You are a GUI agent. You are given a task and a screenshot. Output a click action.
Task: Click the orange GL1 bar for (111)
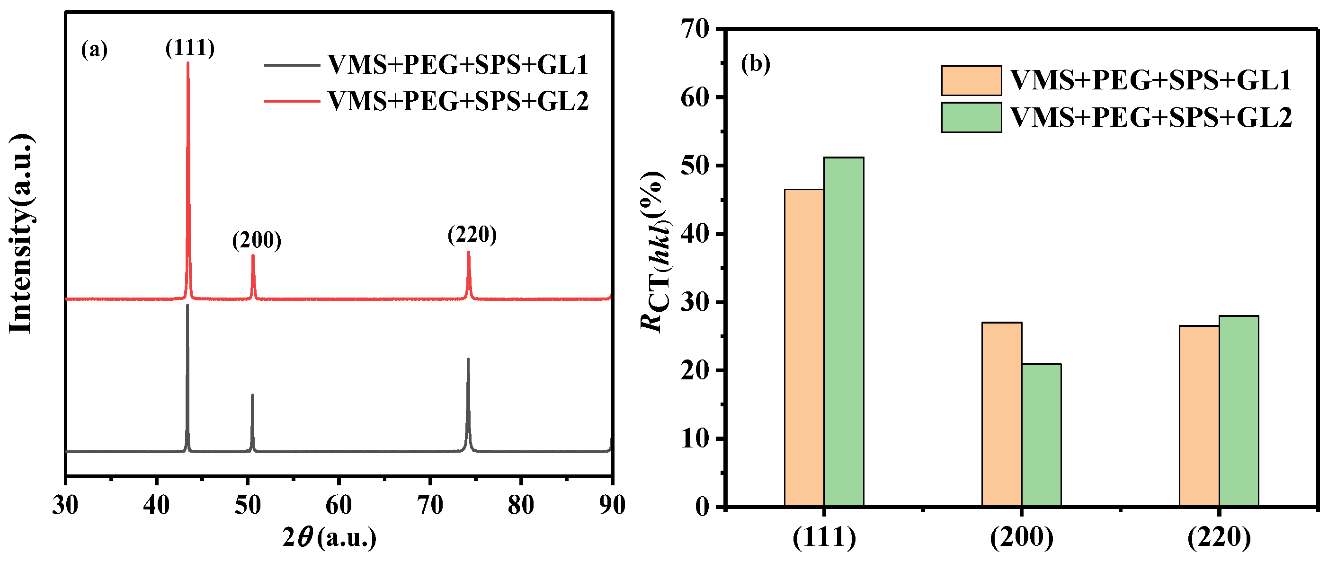[804, 348]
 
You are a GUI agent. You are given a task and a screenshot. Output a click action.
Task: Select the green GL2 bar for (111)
[843, 332]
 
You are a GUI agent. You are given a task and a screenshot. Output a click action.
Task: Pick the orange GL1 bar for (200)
[1002, 415]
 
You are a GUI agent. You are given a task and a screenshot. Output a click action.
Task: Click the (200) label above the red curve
[257, 240]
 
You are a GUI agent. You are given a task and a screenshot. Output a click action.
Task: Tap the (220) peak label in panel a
[472, 235]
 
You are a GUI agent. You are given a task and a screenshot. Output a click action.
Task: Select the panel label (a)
[94, 50]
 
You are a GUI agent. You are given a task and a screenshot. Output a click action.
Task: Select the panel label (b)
[755, 64]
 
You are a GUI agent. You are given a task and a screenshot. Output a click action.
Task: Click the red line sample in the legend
[292, 101]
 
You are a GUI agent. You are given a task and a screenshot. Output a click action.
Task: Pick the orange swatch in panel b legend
[971, 80]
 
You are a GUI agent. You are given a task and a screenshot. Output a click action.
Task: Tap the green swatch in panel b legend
[971, 117]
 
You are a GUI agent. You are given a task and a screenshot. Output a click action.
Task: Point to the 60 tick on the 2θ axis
[339, 505]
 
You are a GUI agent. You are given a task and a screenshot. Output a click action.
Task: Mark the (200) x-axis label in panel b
[1021, 537]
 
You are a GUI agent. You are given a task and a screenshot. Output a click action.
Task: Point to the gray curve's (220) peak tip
[468, 359]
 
